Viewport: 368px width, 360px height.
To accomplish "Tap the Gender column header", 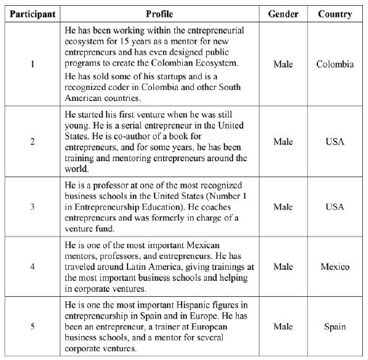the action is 283,14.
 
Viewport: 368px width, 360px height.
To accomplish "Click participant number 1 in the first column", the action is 32,65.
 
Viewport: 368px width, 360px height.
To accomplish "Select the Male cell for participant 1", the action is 283,65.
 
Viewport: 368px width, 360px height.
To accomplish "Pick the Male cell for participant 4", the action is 283,266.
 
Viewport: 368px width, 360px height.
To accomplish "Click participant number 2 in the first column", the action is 32,141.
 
